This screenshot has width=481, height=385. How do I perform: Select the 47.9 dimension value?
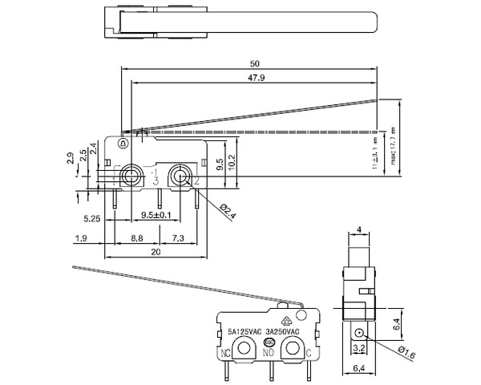coord(255,77)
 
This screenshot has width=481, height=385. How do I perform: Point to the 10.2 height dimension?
coord(232,160)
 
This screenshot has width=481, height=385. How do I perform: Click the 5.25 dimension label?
coord(91,217)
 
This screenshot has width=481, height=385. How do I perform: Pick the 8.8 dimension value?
coord(137,238)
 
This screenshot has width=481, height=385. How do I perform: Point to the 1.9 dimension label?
coord(80,238)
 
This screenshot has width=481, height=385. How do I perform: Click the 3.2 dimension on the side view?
coord(359,349)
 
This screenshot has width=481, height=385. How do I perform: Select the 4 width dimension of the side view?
coord(359,231)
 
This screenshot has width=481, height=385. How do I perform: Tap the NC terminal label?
coord(226,352)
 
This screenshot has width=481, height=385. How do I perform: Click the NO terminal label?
coord(269,353)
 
